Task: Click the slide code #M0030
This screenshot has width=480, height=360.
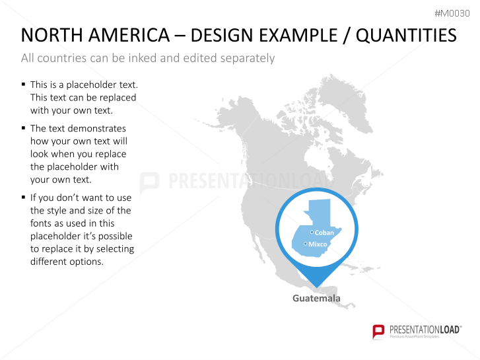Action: tap(452, 13)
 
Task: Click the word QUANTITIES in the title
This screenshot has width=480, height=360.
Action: tap(406, 35)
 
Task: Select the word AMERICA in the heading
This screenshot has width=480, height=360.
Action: tap(129, 35)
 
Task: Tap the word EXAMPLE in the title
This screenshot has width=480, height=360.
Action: tap(298, 35)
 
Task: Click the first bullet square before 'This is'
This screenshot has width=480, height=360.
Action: tap(23, 84)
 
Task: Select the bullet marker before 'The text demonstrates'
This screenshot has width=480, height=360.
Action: tap(23, 127)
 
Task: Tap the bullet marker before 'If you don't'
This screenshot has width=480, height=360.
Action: tap(23, 197)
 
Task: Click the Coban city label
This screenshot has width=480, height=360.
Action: tap(324, 233)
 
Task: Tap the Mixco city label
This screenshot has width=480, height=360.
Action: tap(318, 244)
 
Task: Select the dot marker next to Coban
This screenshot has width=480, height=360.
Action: tap(312, 233)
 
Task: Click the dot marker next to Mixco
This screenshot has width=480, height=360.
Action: tap(305, 244)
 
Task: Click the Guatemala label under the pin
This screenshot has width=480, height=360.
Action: tap(316, 298)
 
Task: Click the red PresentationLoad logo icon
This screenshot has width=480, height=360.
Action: tap(378, 332)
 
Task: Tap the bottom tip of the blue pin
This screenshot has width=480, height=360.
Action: tap(316, 287)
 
